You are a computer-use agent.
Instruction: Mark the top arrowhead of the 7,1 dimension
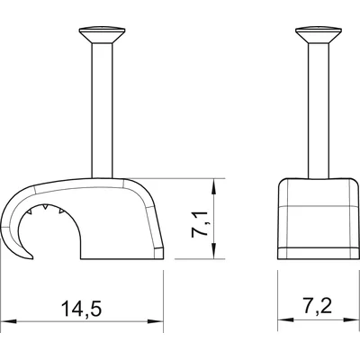(212, 184)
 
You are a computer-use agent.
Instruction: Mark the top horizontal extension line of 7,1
(193, 178)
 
